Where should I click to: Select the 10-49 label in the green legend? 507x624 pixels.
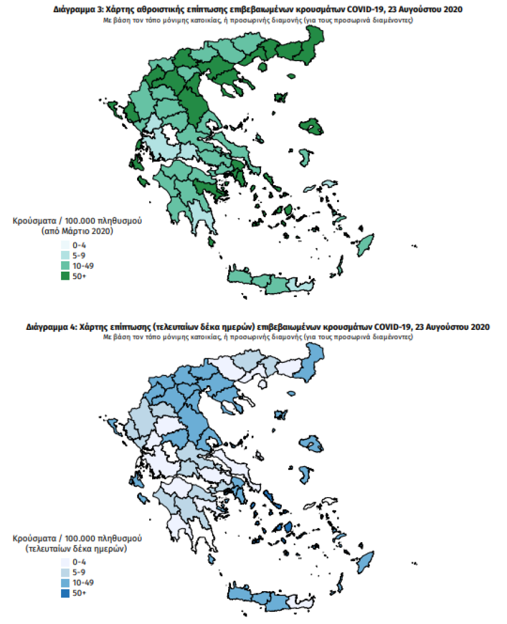pyautogui.click(x=84, y=266)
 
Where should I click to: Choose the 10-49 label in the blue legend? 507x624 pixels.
pyautogui.click(x=84, y=582)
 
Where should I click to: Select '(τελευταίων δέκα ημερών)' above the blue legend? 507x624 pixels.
pyautogui.click(x=77, y=549)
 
